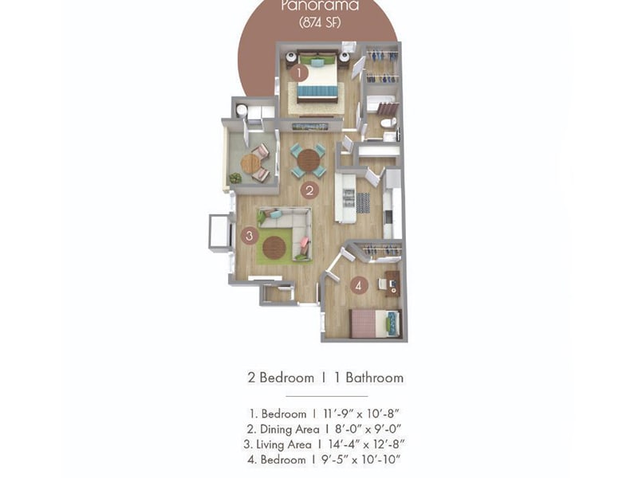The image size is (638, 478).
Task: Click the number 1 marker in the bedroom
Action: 298,73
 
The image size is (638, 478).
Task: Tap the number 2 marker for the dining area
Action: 309,190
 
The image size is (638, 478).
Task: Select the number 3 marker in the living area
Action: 250,236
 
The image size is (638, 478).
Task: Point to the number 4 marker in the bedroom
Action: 359,284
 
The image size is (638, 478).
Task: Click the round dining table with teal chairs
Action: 308,160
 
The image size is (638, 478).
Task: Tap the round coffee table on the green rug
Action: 275,248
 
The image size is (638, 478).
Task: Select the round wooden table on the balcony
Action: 250,163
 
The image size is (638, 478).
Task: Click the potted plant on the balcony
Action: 234,178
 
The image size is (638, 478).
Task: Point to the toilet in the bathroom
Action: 388,124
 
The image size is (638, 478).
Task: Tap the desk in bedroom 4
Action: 391,284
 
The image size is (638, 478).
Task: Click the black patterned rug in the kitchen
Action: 363,202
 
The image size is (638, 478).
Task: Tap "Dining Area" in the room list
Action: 289,429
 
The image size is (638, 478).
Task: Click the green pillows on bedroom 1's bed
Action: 317,63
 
